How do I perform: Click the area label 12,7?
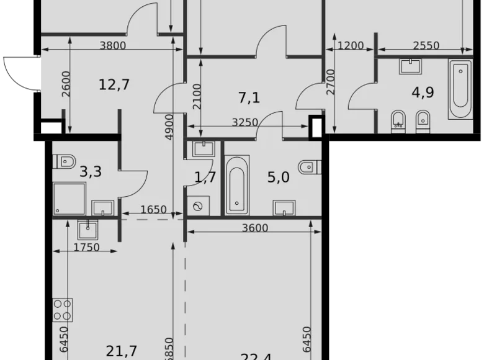click(x=114, y=84)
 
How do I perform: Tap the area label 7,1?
click(x=249, y=97)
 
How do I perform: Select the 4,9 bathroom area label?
click(x=423, y=93)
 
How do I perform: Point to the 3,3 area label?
click(x=91, y=172)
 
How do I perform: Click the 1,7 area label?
click(x=205, y=178)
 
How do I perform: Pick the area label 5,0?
click(x=278, y=178)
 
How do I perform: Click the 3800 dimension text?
click(x=112, y=45)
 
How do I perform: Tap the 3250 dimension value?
click(x=244, y=122)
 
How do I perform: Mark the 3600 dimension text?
click(x=255, y=228)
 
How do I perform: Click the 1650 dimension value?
click(x=153, y=210)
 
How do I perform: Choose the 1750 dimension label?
click(x=86, y=247)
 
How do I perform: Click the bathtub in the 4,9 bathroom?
click(x=460, y=89)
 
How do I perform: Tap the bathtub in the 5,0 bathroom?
click(x=236, y=184)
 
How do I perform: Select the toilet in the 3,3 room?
click(x=65, y=161)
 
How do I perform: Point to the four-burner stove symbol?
click(x=63, y=310)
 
